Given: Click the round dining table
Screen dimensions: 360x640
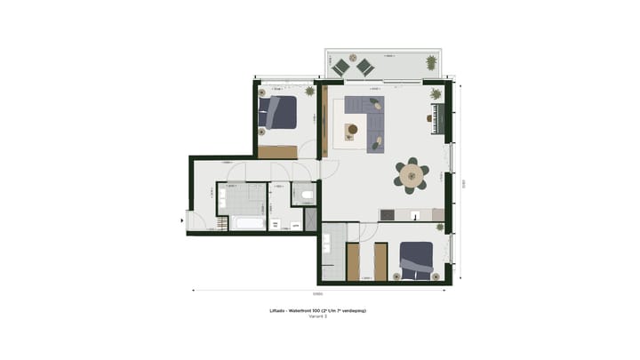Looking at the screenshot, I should click(x=412, y=176).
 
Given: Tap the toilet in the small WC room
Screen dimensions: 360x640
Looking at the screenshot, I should click(x=307, y=195).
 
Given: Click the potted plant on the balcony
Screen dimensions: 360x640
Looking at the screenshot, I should click(x=431, y=62).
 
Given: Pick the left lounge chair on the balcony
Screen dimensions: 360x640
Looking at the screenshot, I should click(x=340, y=66).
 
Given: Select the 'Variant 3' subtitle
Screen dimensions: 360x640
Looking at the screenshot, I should click(x=318, y=316).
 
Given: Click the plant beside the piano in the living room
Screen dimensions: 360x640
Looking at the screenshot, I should click(x=436, y=93).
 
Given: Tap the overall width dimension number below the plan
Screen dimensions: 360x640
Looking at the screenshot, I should click(x=317, y=293).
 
